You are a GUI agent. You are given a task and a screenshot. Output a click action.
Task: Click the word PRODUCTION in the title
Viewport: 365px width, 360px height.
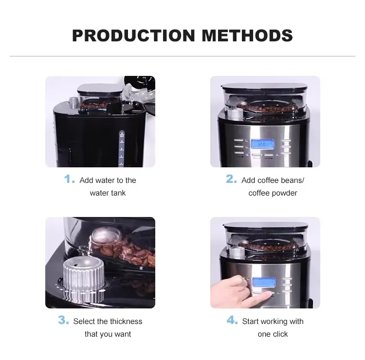(x=133, y=36)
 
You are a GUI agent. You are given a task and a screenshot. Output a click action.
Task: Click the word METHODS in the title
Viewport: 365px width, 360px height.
(x=247, y=36)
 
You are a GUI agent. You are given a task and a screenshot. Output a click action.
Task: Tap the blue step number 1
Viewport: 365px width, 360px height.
(x=70, y=179)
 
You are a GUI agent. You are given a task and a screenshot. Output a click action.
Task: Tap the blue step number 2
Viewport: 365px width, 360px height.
(x=231, y=179)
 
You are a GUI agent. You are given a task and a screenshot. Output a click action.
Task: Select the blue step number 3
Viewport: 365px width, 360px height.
(x=64, y=320)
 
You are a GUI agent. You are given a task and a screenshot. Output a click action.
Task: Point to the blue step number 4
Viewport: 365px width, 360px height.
(x=232, y=320)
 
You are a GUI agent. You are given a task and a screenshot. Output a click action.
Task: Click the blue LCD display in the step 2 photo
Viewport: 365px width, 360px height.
(x=262, y=144)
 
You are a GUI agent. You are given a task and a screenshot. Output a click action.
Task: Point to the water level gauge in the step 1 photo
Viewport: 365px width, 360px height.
(x=122, y=148)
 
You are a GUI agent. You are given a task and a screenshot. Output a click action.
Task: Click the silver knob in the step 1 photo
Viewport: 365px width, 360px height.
(x=74, y=103)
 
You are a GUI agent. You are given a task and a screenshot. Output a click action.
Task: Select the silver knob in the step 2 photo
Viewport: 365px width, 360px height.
(x=235, y=114)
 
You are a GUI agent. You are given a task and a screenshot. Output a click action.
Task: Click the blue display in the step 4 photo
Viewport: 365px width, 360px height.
(x=264, y=283)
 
